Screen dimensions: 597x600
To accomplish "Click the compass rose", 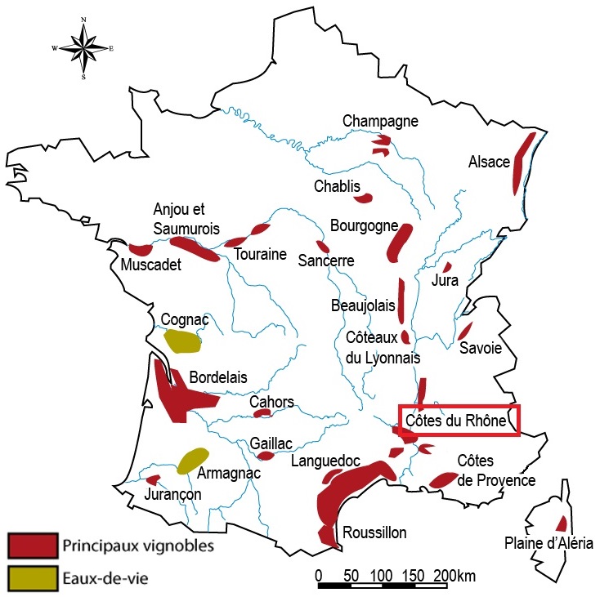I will click(x=83, y=47).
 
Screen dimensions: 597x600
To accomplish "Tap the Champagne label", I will click(x=380, y=122).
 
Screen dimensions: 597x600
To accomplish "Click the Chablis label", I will click(x=337, y=187).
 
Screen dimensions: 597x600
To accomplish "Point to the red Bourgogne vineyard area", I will click(x=400, y=242).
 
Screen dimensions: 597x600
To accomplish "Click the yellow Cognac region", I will click(x=181, y=341).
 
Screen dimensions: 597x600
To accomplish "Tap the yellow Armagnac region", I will click(x=193, y=461).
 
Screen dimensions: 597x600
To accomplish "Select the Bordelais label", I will click(x=218, y=377).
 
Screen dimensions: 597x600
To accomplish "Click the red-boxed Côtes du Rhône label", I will click(x=458, y=421).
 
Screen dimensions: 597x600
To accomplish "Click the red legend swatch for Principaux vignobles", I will click(x=33, y=544).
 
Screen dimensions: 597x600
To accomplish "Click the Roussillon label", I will click(x=374, y=532).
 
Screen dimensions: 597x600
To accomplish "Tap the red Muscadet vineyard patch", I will click(x=140, y=248).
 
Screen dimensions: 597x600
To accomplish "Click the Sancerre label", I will click(x=326, y=261).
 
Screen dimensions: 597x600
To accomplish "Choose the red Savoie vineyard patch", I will click(x=465, y=331).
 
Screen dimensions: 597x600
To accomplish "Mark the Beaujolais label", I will click(x=363, y=306).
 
